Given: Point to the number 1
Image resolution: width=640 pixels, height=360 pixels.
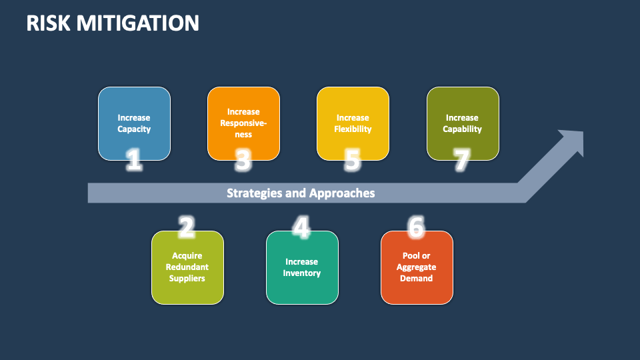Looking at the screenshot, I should coord(134,160).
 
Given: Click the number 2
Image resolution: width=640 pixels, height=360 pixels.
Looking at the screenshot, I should coord(187,228).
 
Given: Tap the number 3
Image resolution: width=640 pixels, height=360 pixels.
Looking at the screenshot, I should coord(243,160).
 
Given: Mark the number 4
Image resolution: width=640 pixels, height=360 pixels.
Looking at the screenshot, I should coord(301,228).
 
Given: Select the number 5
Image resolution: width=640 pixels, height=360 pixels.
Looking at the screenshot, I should coord(353,160).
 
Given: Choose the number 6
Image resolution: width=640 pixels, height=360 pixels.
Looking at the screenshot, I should coord(416,228).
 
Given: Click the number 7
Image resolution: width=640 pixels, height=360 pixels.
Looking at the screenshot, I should coord(461,160).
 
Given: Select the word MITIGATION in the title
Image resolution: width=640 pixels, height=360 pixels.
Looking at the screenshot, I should coord(137,23).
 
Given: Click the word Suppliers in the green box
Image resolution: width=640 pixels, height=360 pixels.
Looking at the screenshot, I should coord(187,278).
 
